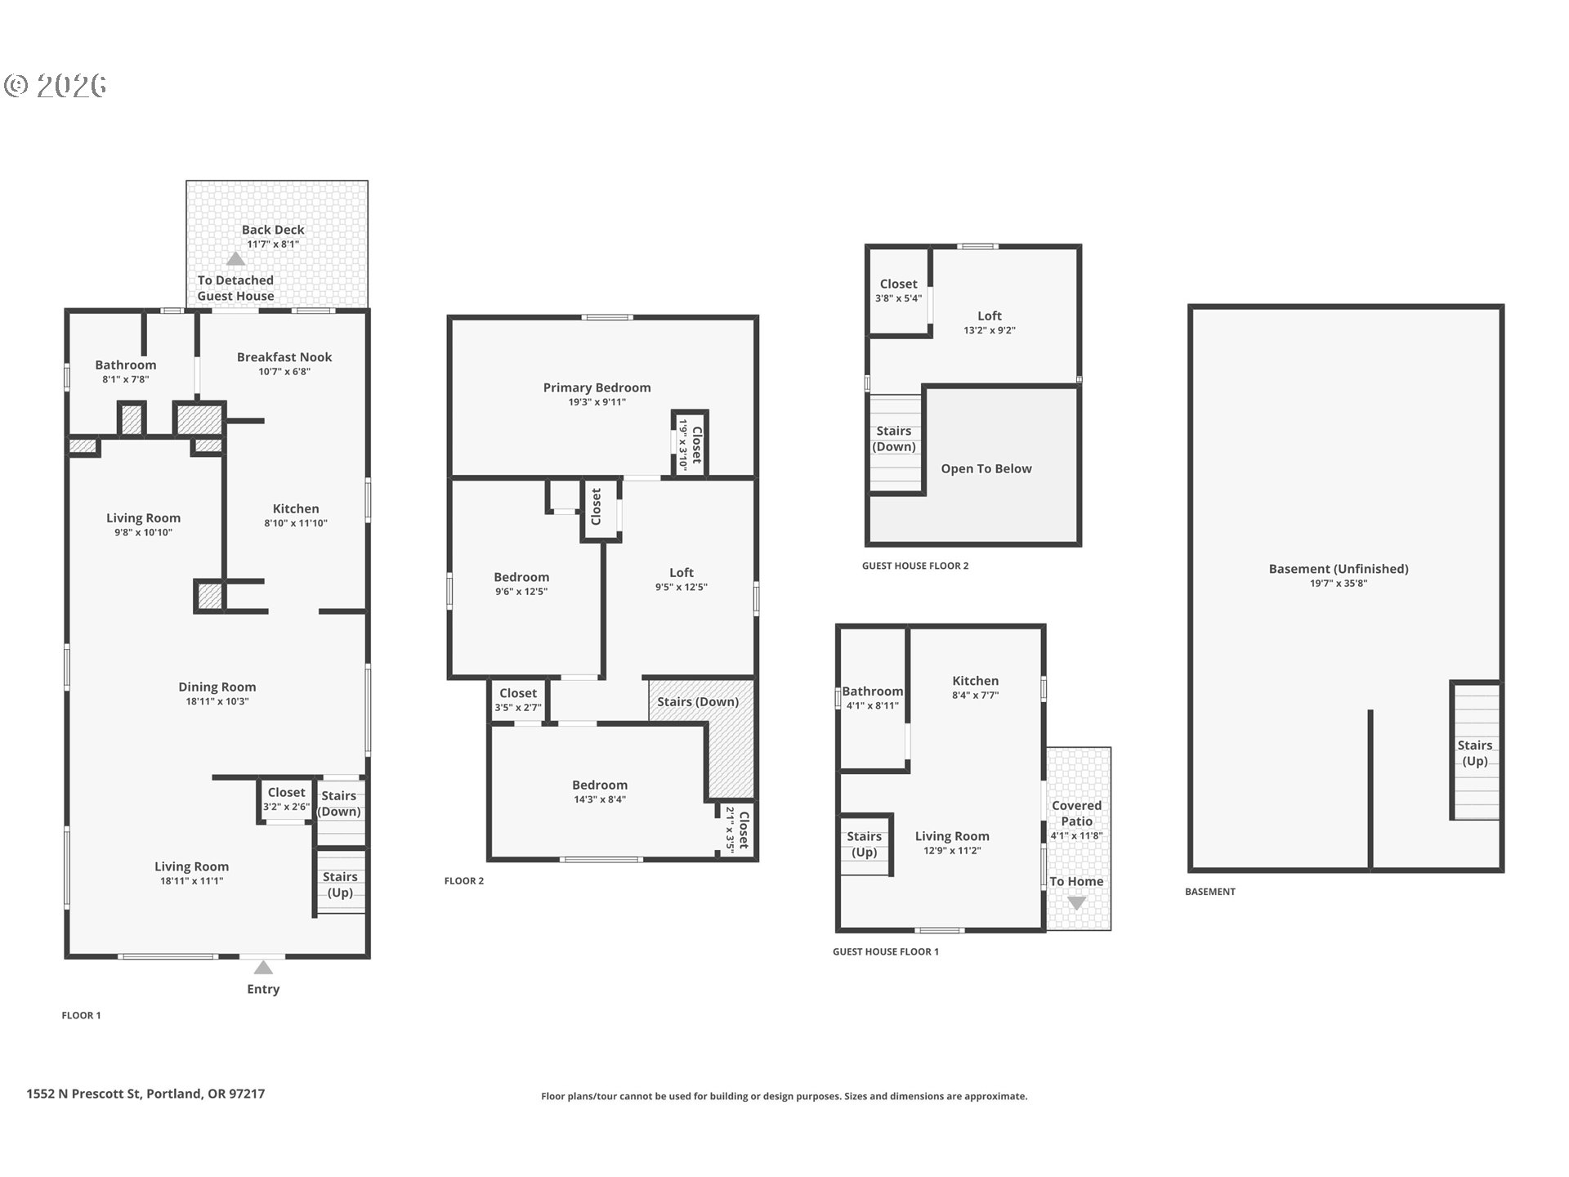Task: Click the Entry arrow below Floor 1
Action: coord(262,968)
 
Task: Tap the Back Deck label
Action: coord(273,230)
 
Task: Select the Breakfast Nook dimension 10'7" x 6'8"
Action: coord(284,372)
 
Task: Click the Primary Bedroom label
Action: coord(597,387)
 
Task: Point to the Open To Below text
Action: coord(986,468)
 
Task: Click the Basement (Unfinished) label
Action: coord(1338,569)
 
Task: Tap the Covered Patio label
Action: coord(1076,813)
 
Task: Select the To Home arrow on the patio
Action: coord(1076,903)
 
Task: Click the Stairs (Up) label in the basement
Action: coord(1474,753)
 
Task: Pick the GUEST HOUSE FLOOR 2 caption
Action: coord(914,566)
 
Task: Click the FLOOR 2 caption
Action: coord(463,880)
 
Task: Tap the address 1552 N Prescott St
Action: coord(145,1094)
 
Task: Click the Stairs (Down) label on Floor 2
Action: coord(697,701)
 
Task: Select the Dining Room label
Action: coord(217,687)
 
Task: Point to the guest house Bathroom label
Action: coord(872,691)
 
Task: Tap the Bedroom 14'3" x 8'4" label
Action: coord(599,785)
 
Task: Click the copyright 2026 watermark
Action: coord(56,85)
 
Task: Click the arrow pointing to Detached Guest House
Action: coord(235,259)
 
